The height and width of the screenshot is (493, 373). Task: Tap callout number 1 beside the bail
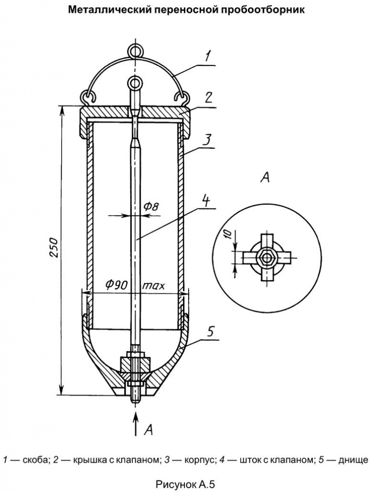click(x=207, y=57)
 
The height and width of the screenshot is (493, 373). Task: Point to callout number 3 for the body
click(x=207, y=140)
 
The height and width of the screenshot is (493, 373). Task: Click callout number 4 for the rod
click(x=206, y=200)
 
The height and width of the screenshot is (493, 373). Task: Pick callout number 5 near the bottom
click(x=210, y=332)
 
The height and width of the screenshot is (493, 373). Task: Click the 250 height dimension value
click(x=54, y=248)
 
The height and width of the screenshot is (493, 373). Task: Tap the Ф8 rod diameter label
click(x=152, y=206)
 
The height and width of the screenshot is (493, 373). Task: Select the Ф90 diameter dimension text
click(x=116, y=285)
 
